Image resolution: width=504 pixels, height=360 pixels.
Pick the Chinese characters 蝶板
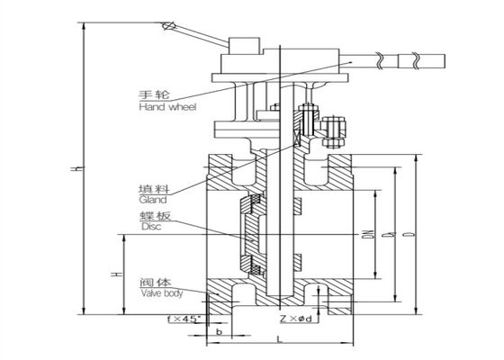pyautogui.click(x=149, y=216)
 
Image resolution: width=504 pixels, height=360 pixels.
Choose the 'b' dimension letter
pyautogui.click(x=219, y=330)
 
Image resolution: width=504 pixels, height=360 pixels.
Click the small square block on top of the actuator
pyautogui.click(x=244, y=45)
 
